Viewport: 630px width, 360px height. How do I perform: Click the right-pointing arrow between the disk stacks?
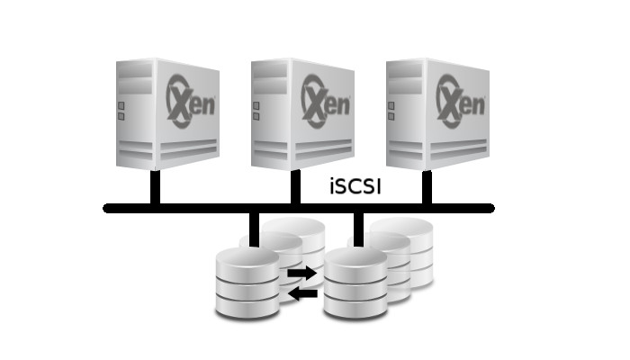(x=302, y=272)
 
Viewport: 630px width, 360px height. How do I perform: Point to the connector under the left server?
(x=156, y=187)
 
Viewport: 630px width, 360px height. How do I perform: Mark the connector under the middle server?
(x=294, y=187)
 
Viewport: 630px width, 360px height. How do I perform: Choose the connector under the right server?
(x=427, y=187)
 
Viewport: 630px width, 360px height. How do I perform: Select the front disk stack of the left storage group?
(x=247, y=283)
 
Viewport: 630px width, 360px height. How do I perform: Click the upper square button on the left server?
(x=121, y=103)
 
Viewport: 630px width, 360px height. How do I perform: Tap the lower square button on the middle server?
(x=256, y=117)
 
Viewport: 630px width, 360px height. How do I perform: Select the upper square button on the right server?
(x=390, y=103)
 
